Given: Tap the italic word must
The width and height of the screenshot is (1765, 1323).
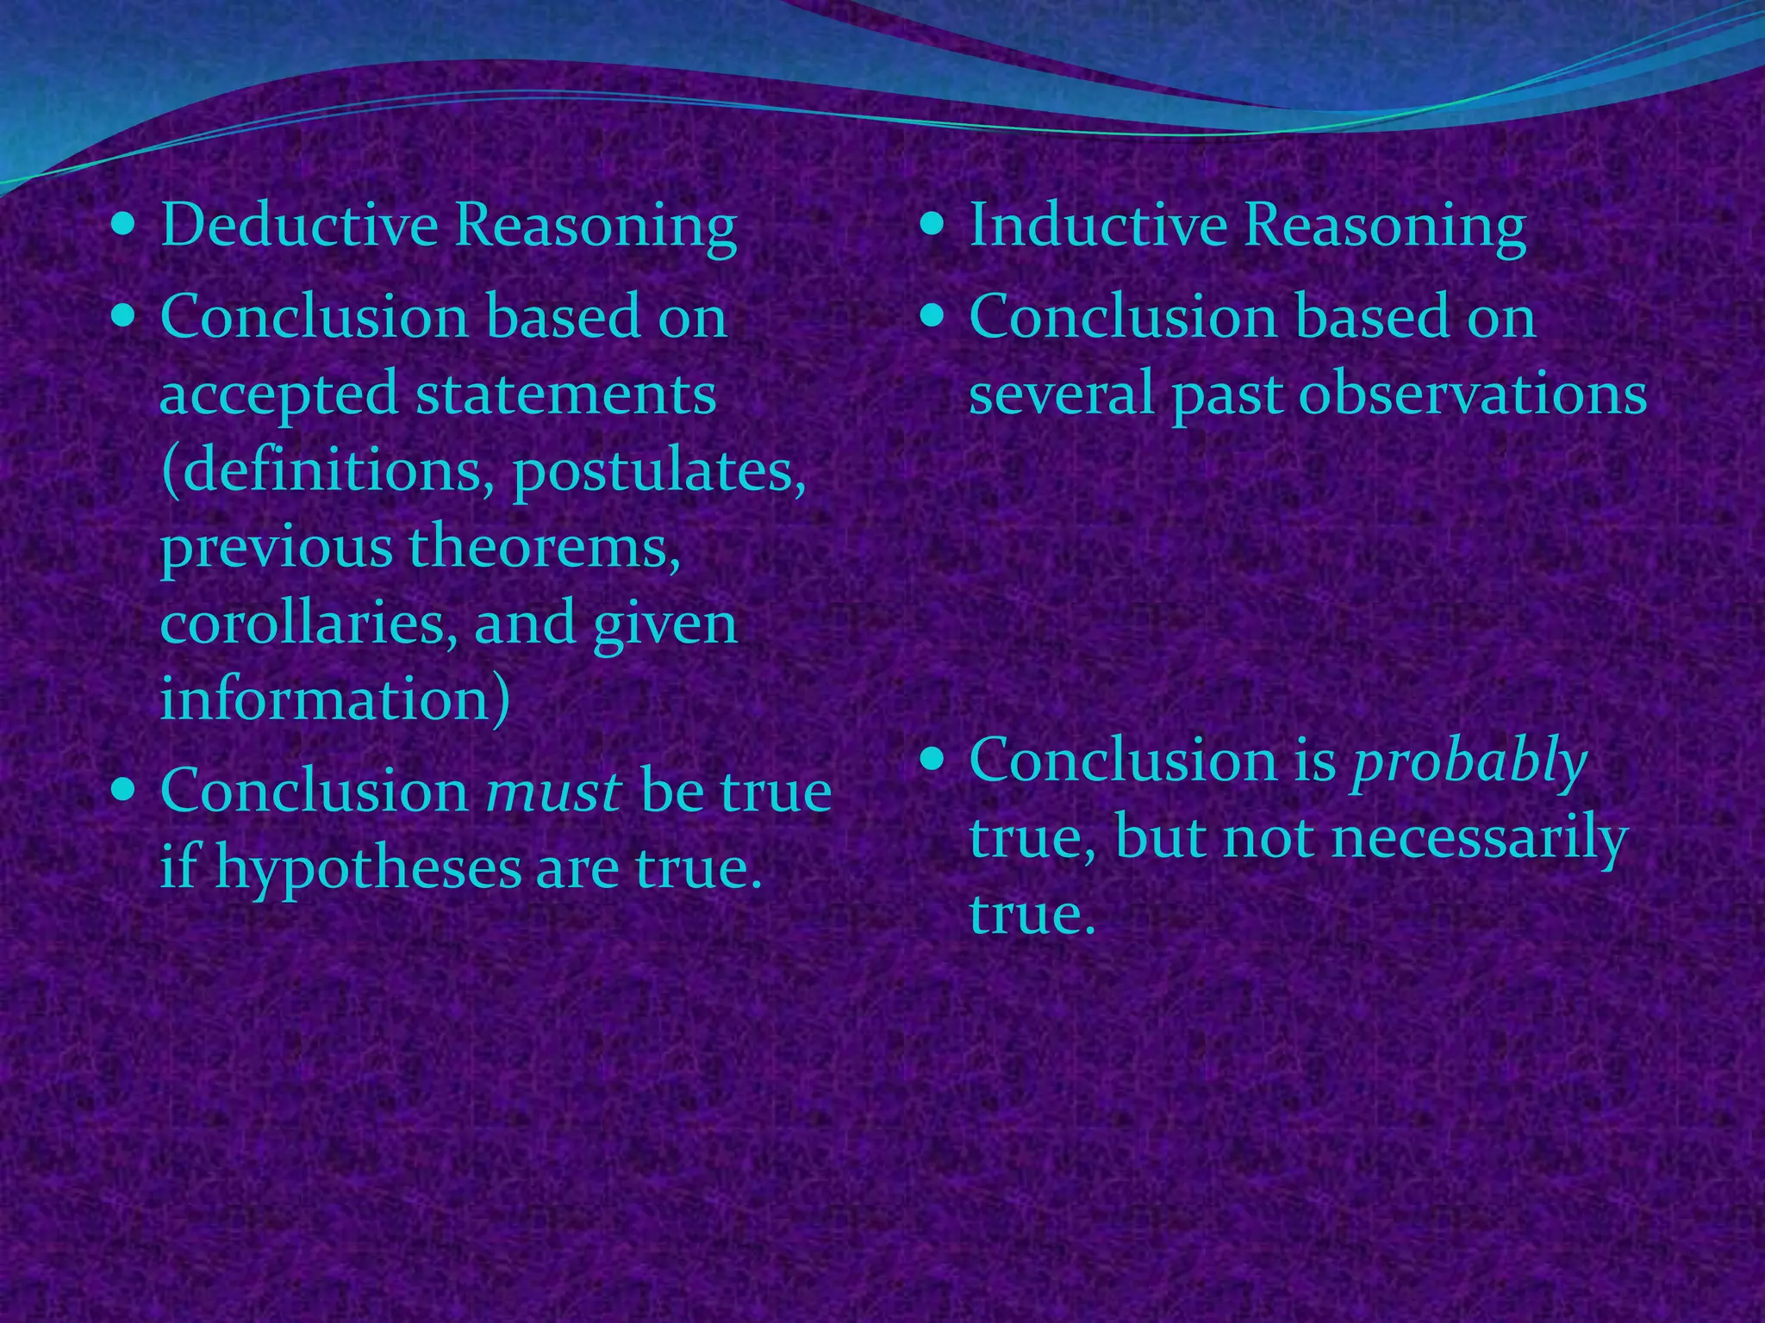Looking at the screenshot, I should coord(553,790).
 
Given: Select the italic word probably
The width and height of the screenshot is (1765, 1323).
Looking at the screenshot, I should coord(1469,761).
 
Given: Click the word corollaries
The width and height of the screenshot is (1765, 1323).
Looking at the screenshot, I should coord(309,622).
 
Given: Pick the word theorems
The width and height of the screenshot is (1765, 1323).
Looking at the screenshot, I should coord(537,546).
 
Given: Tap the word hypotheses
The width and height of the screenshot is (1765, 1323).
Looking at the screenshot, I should coord(368,866).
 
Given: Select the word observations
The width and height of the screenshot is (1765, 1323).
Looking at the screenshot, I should coord(1472,394).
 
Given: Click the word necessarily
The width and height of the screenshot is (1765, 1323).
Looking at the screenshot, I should coord(1478,837).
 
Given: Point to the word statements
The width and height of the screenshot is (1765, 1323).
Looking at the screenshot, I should coord(565,394).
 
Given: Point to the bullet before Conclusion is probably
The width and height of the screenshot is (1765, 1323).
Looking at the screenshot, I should coord(932,759).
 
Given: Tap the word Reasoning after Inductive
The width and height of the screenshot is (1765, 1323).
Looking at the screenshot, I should coord(1384,226).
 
